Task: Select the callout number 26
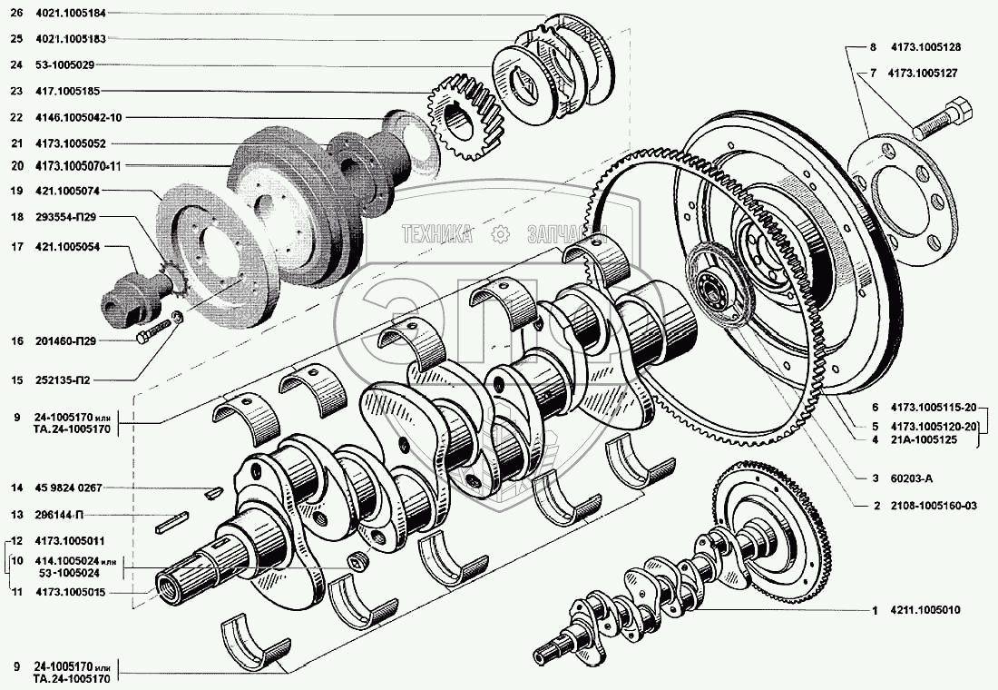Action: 15,13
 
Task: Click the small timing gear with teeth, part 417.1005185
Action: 465,116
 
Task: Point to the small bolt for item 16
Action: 152,331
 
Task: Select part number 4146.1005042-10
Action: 78,117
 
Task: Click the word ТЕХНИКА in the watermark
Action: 438,234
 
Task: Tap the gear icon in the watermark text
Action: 499,234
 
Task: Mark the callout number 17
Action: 15,247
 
